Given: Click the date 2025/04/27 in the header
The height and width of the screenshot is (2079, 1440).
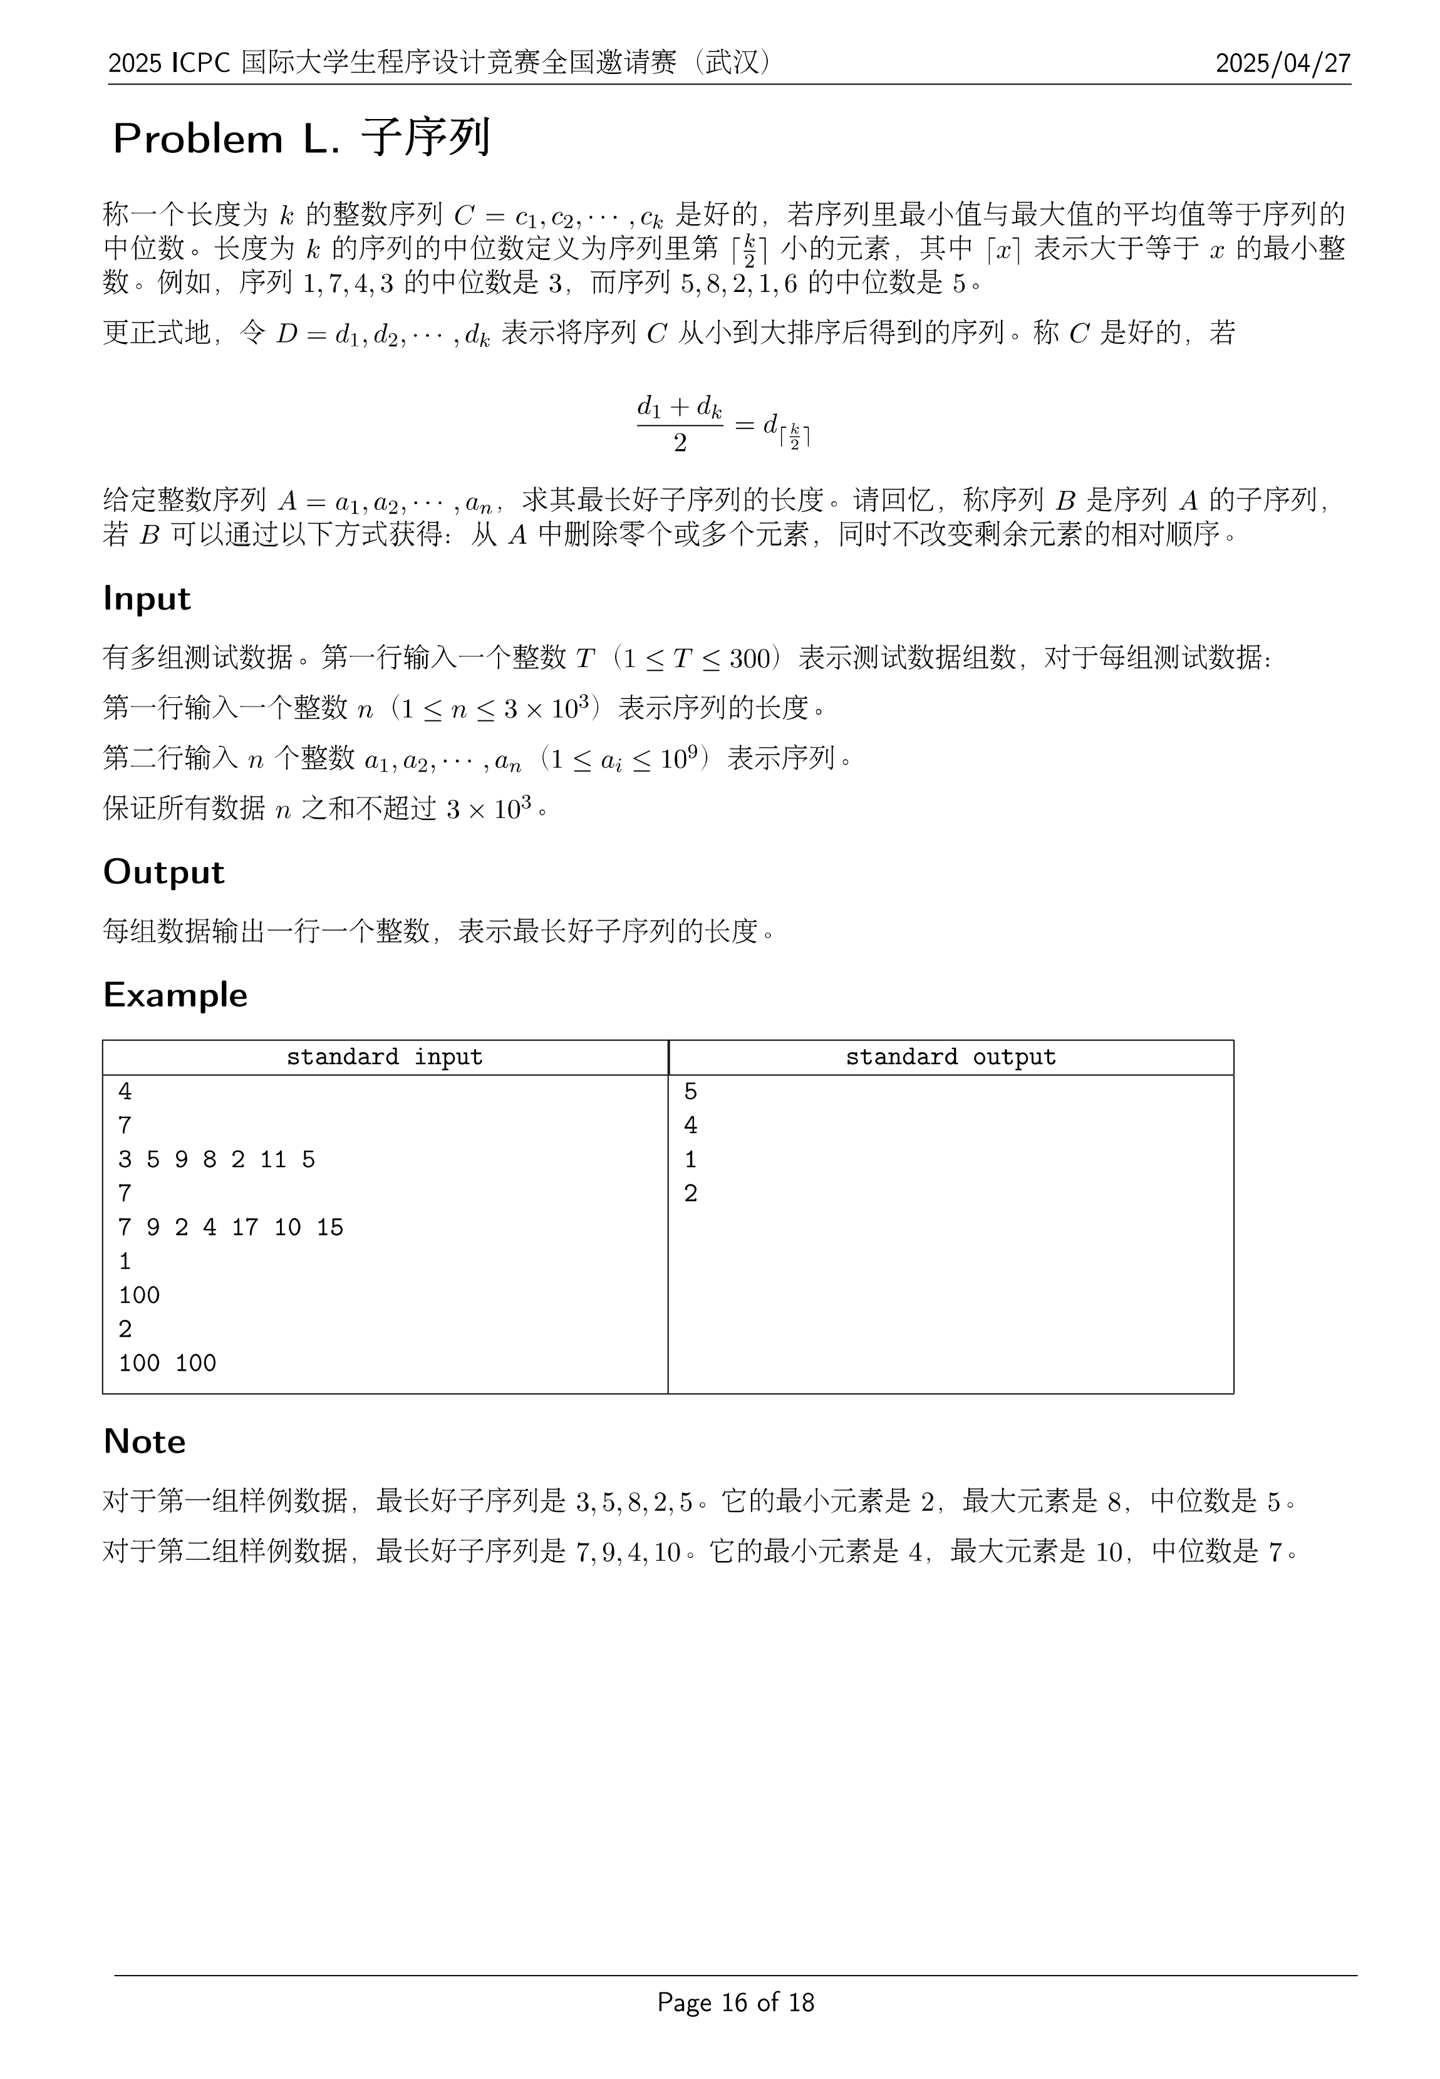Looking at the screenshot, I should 1282,63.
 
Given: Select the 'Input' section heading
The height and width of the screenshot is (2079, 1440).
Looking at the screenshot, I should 147,598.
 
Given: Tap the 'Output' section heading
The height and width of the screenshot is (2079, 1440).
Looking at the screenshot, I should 163,872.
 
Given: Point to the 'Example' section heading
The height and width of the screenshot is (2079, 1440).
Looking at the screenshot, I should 175,994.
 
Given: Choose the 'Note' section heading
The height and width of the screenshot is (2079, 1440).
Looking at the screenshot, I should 144,1441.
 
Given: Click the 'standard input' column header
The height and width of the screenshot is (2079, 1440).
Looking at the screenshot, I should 385,1057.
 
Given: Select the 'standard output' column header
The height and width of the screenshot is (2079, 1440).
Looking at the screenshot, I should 950,1057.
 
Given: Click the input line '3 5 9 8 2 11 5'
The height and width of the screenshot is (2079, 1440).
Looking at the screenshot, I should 217,1159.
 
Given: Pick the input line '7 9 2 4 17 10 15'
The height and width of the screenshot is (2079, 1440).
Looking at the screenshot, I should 231,1227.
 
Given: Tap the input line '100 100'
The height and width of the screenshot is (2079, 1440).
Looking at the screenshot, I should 168,1362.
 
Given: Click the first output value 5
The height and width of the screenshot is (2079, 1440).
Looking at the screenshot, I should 691,1092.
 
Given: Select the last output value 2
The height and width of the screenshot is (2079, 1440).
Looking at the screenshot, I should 691,1194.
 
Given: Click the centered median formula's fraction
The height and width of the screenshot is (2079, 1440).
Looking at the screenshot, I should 680,423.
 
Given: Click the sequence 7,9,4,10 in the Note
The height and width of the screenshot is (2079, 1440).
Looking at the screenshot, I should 628,1553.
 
